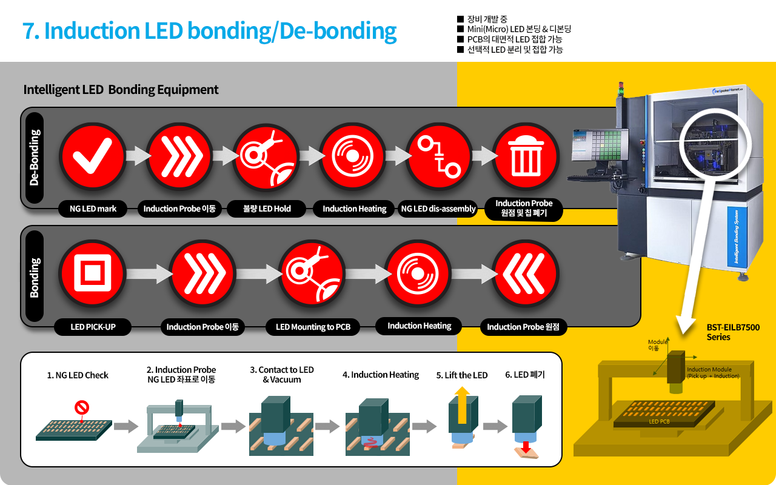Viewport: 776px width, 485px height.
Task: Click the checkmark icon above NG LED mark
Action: tap(92, 156)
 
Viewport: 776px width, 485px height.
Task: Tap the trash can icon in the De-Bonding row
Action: tap(524, 156)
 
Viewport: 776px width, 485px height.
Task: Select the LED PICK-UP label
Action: tap(93, 327)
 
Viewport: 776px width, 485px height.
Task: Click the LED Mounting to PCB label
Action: tap(313, 327)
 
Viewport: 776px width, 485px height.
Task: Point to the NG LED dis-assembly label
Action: tap(438, 209)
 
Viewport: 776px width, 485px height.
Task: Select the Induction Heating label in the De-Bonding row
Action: tap(354, 209)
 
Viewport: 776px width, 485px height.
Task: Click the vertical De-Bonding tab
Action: tap(35, 157)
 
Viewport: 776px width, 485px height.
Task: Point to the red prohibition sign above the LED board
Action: tap(82, 407)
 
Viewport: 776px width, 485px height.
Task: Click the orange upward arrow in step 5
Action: tap(463, 406)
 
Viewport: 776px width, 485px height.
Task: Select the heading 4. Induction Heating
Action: tap(381, 375)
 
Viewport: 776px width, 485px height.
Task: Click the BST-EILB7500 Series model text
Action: tap(732, 332)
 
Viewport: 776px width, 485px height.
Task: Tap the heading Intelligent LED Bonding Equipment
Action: tap(121, 90)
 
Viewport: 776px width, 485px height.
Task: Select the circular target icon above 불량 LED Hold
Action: tap(266, 156)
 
